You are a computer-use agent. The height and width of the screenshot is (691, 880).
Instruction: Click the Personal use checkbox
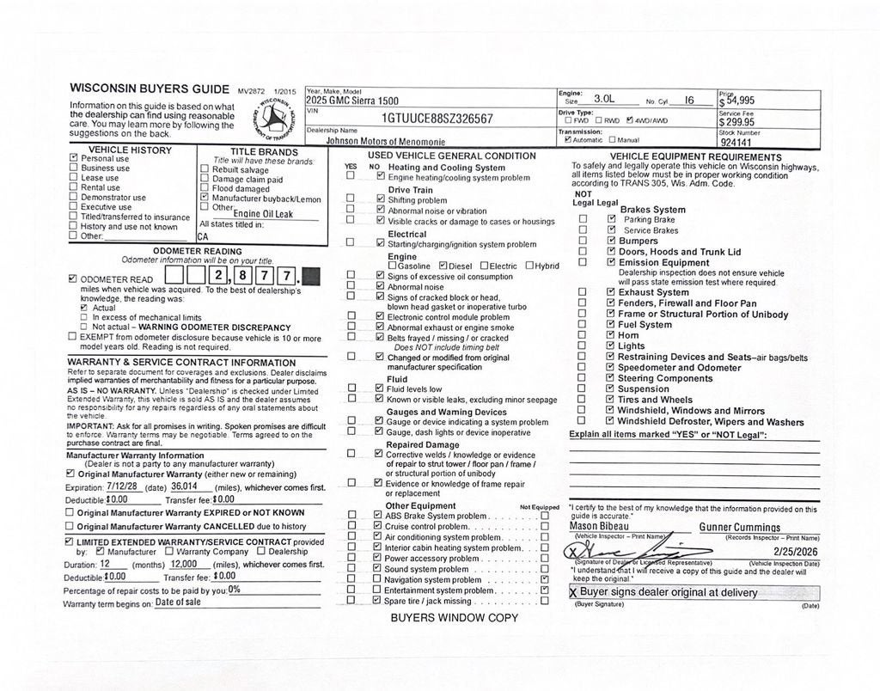[73, 159]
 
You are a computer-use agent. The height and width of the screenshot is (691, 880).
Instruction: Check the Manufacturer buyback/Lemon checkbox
[204, 199]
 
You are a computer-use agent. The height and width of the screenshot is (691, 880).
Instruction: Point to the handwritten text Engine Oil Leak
[263, 213]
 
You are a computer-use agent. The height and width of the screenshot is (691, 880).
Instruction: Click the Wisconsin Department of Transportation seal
[273, 119]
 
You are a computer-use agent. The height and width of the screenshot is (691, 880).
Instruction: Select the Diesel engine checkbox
[443, 266]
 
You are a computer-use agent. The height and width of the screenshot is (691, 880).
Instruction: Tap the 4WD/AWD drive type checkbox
[630, 120]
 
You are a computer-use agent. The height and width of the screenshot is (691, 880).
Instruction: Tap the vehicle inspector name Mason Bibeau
[600, 526]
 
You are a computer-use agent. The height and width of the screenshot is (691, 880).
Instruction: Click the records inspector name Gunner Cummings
[740, 527]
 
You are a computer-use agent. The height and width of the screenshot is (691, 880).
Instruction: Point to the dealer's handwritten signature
[619, 549]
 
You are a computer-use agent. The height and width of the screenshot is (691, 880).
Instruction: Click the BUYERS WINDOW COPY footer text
[454, 618]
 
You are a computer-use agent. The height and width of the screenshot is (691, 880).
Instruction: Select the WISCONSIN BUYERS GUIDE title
[150, 89]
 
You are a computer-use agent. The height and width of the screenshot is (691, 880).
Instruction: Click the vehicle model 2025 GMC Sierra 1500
[352, 101]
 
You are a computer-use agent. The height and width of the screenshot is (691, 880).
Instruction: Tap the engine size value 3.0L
[604, 100]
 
